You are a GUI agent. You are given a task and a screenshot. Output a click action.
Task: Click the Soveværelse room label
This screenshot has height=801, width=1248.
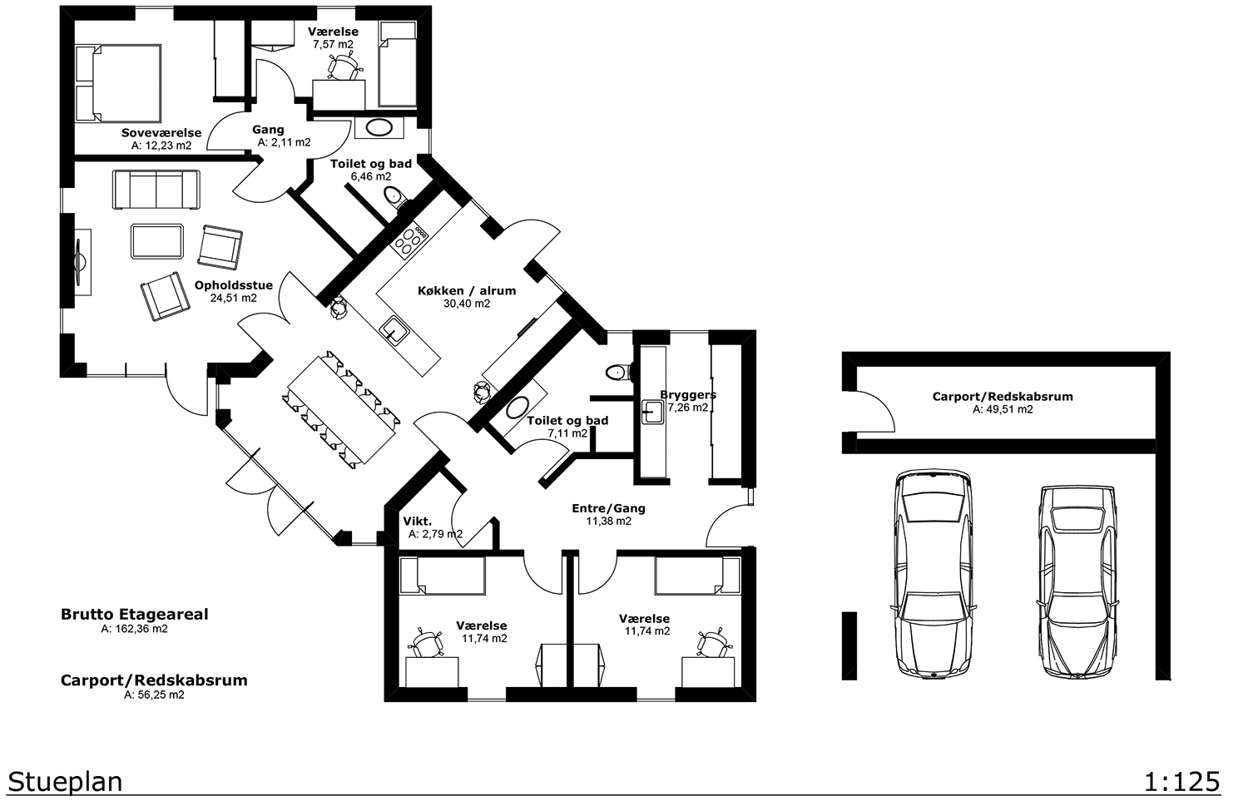click(161, 133)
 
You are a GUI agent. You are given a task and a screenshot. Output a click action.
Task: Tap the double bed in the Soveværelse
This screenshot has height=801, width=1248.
click(118, 83)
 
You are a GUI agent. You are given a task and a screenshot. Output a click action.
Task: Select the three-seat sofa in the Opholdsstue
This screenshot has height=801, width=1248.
click(156, 190)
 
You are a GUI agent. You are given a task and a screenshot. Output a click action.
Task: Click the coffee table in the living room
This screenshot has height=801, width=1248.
click(157, 241)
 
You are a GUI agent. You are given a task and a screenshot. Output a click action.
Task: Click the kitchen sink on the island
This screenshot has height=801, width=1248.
click(394, 331)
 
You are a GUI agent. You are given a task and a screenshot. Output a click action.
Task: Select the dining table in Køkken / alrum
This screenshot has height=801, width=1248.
click(342, 410)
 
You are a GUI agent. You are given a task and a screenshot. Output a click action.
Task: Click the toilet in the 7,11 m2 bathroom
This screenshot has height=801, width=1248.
click(617, 372)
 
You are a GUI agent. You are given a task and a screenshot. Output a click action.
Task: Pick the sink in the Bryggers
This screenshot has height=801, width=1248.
click(652, 413)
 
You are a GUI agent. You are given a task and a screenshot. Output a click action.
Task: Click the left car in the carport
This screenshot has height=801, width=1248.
click(934, 574)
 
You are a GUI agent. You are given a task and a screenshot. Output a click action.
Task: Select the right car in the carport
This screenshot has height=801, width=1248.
click(1077, 581)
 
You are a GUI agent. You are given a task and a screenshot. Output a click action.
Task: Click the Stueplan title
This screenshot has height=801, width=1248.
click(65, 783)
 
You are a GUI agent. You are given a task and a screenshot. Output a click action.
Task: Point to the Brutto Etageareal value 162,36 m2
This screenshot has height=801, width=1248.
click(134, 629)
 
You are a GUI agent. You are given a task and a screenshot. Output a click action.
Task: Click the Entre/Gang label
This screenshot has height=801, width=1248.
click(608, 508)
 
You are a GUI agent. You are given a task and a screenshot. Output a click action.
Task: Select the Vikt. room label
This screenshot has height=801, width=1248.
click(418, 522)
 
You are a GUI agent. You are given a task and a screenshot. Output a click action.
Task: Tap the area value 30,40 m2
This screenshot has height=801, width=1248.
click(467, 304)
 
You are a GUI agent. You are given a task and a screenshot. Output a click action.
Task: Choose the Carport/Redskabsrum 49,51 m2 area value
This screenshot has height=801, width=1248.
click(1003, 409)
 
